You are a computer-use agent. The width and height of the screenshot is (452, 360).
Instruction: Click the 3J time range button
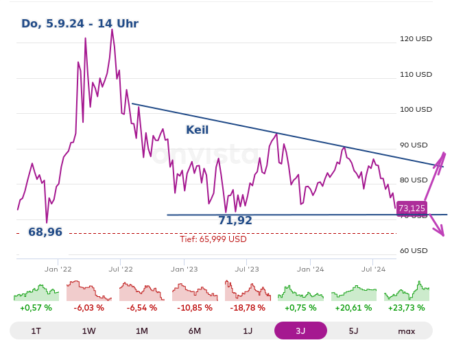pyautogui.click(x=300, y=331)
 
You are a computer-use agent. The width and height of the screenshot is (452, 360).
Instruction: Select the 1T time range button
pyautogui.click(x=36, y=331)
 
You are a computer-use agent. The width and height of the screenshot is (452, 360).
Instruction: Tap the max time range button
pyautogui.click(x=406, y=331)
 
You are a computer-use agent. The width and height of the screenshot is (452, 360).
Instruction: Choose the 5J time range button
pyautogui.click(x=353, y=331)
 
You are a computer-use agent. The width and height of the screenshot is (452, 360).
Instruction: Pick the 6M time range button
pyautogui.click(x=195, y=331)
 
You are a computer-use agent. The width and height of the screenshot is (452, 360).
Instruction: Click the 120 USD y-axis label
pyautogui.click(x=416, y=39)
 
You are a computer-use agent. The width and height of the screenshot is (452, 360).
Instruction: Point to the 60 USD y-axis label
pyautogui.click(x=414, y=250)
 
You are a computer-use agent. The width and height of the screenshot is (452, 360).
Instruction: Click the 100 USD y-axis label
pyautogui.click(x=416, y=109)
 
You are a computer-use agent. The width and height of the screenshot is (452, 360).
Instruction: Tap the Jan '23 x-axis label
pyautogui.click(x=184, y=269)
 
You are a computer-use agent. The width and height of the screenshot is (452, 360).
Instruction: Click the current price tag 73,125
pyautogui.click(x=412, y=208)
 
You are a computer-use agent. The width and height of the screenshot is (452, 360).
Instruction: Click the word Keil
pyautogui.click(x=197, y=130)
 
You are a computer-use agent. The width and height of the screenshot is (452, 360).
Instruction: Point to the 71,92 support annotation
pyautogui.click(x=235, y=221)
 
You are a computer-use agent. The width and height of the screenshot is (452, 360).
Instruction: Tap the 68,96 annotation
pyautogui.click(x=45, y=232)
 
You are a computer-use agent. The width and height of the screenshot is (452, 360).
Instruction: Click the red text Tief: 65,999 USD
pyautogui.click(x=213, y=239)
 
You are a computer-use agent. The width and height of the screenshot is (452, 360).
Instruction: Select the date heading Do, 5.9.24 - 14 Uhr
pyautogui.click(x=80, y=24)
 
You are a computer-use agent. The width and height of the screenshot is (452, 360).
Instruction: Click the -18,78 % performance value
pyautogui.click(x=248, y=308)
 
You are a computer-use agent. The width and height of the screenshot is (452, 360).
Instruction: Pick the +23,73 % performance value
pyautogui.click(x=406, y=308)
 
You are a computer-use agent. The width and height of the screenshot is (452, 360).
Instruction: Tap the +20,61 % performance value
pyautogui.click(x=353, y=308)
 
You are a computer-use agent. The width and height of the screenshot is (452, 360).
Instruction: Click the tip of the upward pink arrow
pyautogui.click(x=444, y=153)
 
